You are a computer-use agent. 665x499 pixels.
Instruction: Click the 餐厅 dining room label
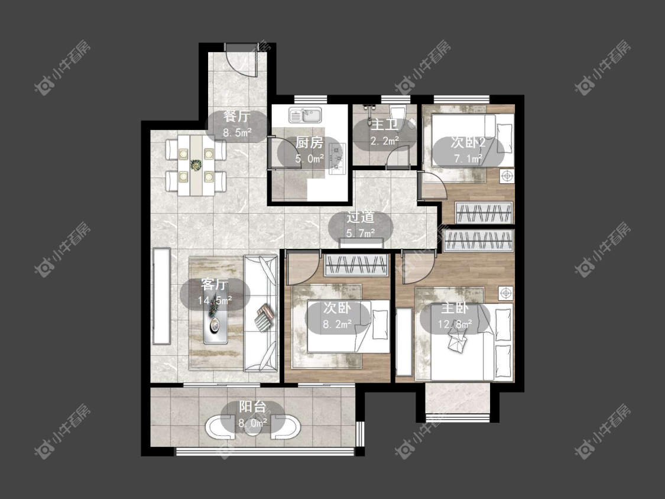point(237,116)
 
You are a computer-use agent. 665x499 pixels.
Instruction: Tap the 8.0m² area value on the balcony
point(253,423)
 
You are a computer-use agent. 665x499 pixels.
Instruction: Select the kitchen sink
point(306,115)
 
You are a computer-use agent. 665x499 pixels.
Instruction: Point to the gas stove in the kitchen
point(338,159)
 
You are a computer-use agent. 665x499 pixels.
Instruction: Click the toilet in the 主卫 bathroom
point(398,116)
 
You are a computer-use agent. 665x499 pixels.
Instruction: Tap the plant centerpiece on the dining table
point(196,164)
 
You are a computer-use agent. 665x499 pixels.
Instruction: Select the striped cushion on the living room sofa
point(265,317)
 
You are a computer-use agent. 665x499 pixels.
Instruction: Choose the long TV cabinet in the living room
point(161,296)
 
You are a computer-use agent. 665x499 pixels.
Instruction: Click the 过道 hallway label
point(361,217)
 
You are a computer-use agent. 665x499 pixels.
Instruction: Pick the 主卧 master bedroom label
point(455,308)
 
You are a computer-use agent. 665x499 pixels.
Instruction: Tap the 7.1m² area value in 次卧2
point(468,158)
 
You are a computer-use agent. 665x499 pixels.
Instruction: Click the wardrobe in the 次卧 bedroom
point(356,265)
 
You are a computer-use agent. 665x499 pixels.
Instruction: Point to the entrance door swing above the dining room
point(241,60)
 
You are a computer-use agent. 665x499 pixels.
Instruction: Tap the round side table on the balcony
point(253,429)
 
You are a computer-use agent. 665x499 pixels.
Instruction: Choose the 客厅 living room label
point(215,284)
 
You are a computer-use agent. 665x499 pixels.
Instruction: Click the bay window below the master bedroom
point(458,401)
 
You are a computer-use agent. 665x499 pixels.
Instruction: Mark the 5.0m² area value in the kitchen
point(310,159)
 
